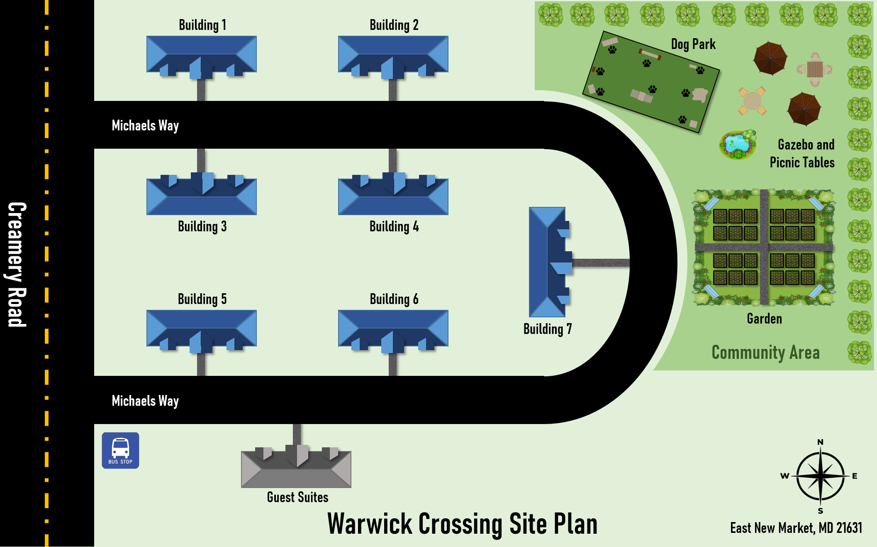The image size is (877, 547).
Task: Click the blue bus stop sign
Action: tap(120, 450)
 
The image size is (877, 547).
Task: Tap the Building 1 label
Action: tap(202, 25)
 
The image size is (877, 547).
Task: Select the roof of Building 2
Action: tap(393, 54)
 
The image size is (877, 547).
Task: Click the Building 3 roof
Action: tap(202, 196)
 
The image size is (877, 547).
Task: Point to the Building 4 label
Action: tap(394, 227)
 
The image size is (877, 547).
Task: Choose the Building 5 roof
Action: tap(202, 328)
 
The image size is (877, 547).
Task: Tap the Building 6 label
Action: tap(394, 299)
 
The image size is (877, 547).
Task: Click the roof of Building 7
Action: tap(548, 262)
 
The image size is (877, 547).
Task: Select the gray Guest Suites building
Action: tap(296, 469)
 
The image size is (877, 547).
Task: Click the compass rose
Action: tap(820, 476)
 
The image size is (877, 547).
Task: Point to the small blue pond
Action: tap(737, 144)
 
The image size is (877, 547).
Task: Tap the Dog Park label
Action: tap(693, 44)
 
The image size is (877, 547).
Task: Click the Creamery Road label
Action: tap(17, 264)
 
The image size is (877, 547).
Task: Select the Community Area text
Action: tap(765, 353)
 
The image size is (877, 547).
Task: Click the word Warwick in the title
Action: tap(369, 524)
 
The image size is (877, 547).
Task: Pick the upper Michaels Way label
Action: tap(145, 125)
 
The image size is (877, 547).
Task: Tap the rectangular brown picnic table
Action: tap(815, 69)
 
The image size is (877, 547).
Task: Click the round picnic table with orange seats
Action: tap(752, 101)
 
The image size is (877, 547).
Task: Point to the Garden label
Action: tap(764, 319)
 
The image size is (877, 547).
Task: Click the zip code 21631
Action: tap(849, 528)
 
